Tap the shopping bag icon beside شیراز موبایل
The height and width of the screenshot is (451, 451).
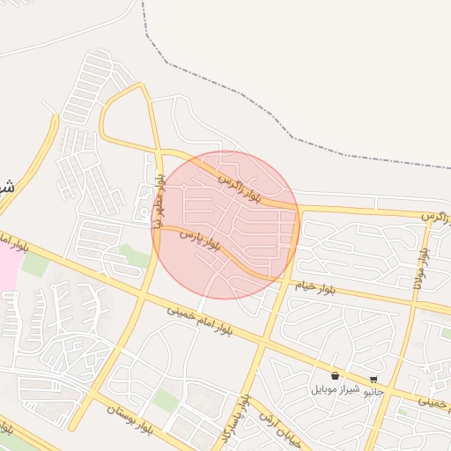click(x=335, y=376)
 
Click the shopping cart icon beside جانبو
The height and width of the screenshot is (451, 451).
click(x=374, y=378)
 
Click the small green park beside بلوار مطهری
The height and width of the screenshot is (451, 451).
click(x=134, y=255)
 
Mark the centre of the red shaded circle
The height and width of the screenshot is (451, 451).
click(x=226, y=225)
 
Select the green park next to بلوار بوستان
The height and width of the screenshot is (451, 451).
click(x=166, y=401)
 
